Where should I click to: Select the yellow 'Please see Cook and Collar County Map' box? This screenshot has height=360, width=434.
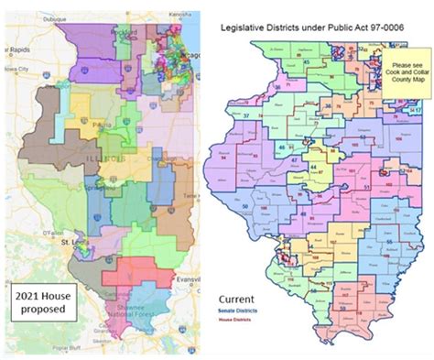tap(404, 72)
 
